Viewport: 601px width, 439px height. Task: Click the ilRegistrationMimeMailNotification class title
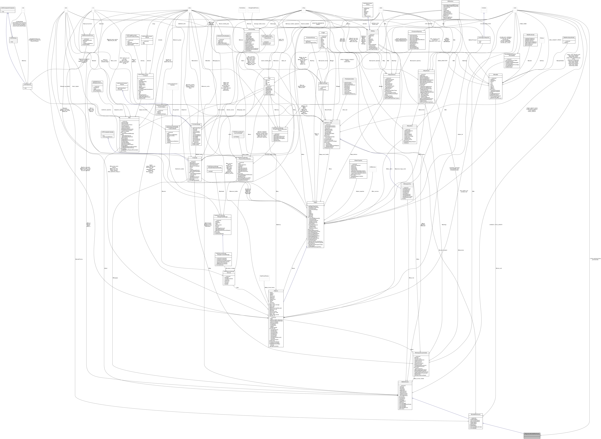[532, 434]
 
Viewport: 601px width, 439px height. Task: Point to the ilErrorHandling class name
[251, 30]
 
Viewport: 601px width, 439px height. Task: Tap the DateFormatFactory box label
[264, 276]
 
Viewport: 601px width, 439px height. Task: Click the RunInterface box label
[242, 8]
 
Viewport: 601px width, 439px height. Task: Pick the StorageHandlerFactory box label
[253, 8]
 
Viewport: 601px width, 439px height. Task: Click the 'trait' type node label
[23, 8]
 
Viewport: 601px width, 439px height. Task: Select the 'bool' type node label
[66, 8]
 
